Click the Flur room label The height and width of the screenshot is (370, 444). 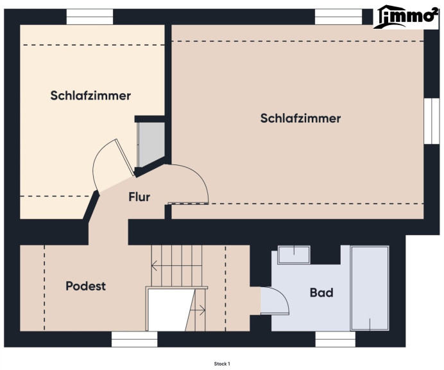click(x=139, y=197)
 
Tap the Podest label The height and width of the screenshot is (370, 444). click(x=85, y=286)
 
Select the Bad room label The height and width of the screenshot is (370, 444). click(x=321, y=292)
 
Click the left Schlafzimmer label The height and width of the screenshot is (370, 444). click(x=90, y=96)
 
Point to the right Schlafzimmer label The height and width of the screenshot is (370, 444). click(x=300, y=118)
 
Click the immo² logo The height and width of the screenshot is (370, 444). click(x=406, y=17)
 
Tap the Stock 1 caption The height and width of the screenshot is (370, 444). click(x=222, y=364)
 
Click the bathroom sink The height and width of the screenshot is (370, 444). click(x=295, y=254)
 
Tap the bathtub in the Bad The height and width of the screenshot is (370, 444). click(x=370, y=288)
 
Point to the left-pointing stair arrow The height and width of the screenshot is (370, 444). click(x=176, y=266)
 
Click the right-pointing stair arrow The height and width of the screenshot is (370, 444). click(x=198, y=310)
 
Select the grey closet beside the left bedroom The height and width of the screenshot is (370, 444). click(x=151, y=145)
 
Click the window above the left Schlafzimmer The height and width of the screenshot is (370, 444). click(x=90, y=17)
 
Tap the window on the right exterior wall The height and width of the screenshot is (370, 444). click(x=432, y=121)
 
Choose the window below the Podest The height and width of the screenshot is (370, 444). click(x=134, y=339)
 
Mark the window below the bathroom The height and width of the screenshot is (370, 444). click(x=336, y=339)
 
